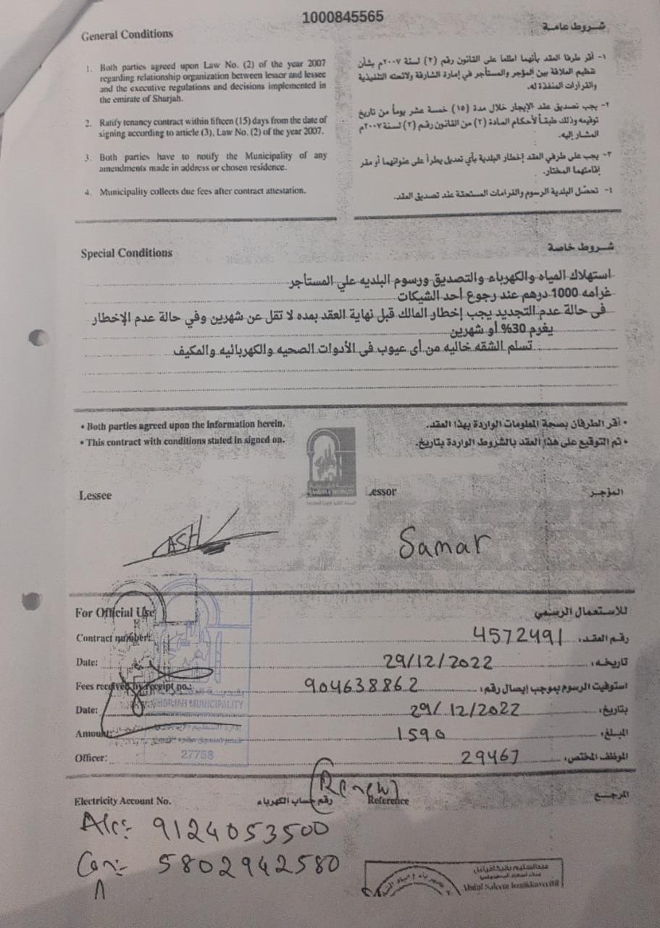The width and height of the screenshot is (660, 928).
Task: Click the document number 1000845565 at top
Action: pos(343,17)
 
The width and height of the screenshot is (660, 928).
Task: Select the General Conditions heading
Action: pos(127,34)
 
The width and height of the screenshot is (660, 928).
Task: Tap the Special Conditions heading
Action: pos(126,253)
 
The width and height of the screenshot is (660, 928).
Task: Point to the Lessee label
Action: pos(96,495)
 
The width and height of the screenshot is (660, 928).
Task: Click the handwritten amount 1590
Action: pos(421,734)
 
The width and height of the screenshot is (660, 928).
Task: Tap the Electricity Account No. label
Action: pos(122,801)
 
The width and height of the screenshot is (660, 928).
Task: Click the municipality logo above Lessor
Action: pos(330,460)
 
